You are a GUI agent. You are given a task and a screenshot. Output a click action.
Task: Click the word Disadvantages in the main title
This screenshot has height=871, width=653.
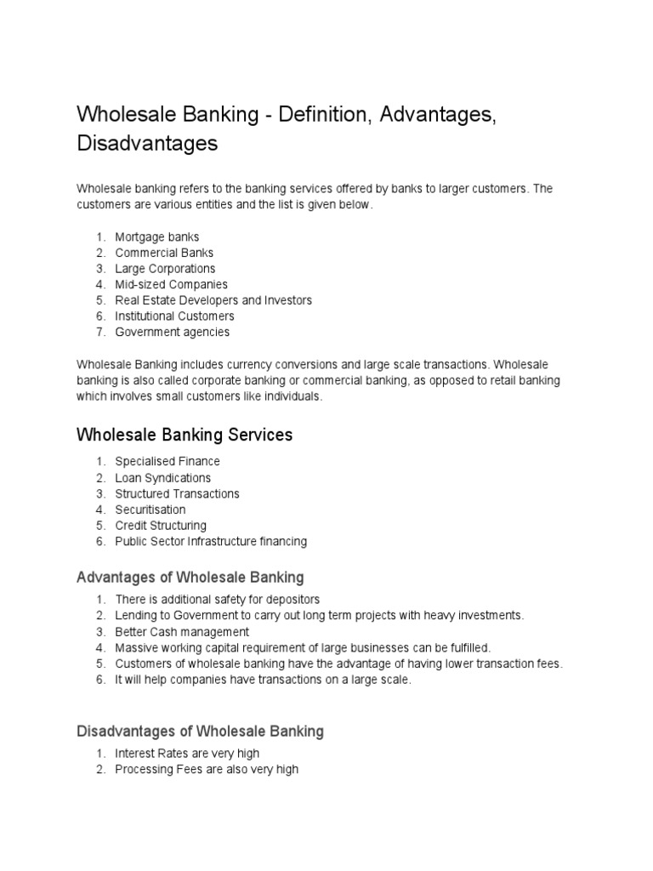(147, 144)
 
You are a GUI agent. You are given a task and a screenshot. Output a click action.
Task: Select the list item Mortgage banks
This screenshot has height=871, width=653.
(157, 237)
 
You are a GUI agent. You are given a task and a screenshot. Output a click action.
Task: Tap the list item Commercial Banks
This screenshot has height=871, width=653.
(164, 253)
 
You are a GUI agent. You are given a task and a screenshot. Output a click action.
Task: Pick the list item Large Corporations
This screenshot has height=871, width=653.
(165, 269)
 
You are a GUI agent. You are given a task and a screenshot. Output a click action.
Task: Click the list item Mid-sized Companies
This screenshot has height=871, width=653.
(171, 284)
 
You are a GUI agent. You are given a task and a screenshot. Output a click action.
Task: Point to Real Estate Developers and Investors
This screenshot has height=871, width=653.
(213, 300)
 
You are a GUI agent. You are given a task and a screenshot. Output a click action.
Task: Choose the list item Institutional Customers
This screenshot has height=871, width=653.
(174, 316)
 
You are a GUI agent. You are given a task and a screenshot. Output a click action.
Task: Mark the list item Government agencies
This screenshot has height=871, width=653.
(172, 332)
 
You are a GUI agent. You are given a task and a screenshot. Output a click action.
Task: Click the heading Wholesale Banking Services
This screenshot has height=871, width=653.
(185, 435)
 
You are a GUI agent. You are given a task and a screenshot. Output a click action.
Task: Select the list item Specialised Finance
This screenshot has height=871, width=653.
(168, 461)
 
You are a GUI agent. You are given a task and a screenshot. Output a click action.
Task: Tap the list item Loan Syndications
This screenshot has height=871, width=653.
(163, 478)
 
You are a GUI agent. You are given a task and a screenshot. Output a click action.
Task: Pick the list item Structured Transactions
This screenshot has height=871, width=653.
(177, 493)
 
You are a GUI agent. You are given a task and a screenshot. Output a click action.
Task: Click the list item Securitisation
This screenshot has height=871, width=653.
(150, 510)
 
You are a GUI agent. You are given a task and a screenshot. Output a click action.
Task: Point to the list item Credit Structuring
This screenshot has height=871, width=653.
(161, 526)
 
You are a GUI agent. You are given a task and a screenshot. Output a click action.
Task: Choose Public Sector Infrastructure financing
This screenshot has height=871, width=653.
(211, 541)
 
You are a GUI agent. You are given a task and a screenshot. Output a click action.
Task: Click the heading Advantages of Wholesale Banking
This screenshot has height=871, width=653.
(190, 578)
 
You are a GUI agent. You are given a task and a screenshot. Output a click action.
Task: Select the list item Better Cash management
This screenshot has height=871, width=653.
(182, 632)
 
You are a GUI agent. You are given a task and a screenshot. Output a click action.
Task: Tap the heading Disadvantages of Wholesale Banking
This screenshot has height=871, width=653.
(200, 732)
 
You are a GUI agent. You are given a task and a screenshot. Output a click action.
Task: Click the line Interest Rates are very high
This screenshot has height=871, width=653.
(187, 754)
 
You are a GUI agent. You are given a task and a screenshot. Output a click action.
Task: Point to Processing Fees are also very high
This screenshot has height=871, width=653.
(207, 770)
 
